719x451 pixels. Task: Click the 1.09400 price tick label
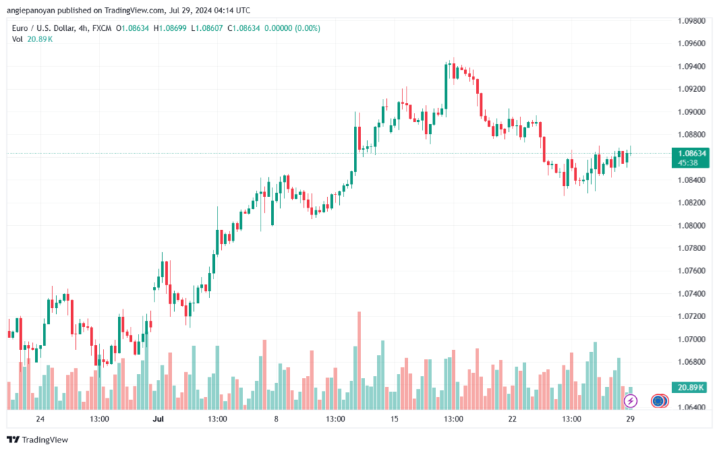coord(692,67)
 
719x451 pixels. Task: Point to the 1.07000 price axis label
coord(692,339)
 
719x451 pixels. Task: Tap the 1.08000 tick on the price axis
coord(692,225)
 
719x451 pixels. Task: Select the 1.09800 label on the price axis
coord(692,21)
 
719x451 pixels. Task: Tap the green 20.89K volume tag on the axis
coord(690,388)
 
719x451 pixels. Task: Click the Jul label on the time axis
coord(158,419)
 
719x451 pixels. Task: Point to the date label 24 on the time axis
coord(40,419)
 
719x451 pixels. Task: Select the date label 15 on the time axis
coord(395,419)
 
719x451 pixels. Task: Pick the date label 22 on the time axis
coord(512,419)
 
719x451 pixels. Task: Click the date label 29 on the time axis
coord(631,419)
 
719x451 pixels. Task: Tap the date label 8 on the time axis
coord(276,419)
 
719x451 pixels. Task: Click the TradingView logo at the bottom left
coord(38,440)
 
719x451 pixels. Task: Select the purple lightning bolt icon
coord(631,401)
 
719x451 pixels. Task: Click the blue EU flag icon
coord(658,401)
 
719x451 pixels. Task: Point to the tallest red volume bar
coord(359,361)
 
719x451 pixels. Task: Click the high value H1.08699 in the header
coord(170,28)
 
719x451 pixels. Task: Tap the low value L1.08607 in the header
coord(207,28)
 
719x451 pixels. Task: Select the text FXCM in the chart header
coord(102,28)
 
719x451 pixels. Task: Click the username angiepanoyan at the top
coord(31,10)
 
